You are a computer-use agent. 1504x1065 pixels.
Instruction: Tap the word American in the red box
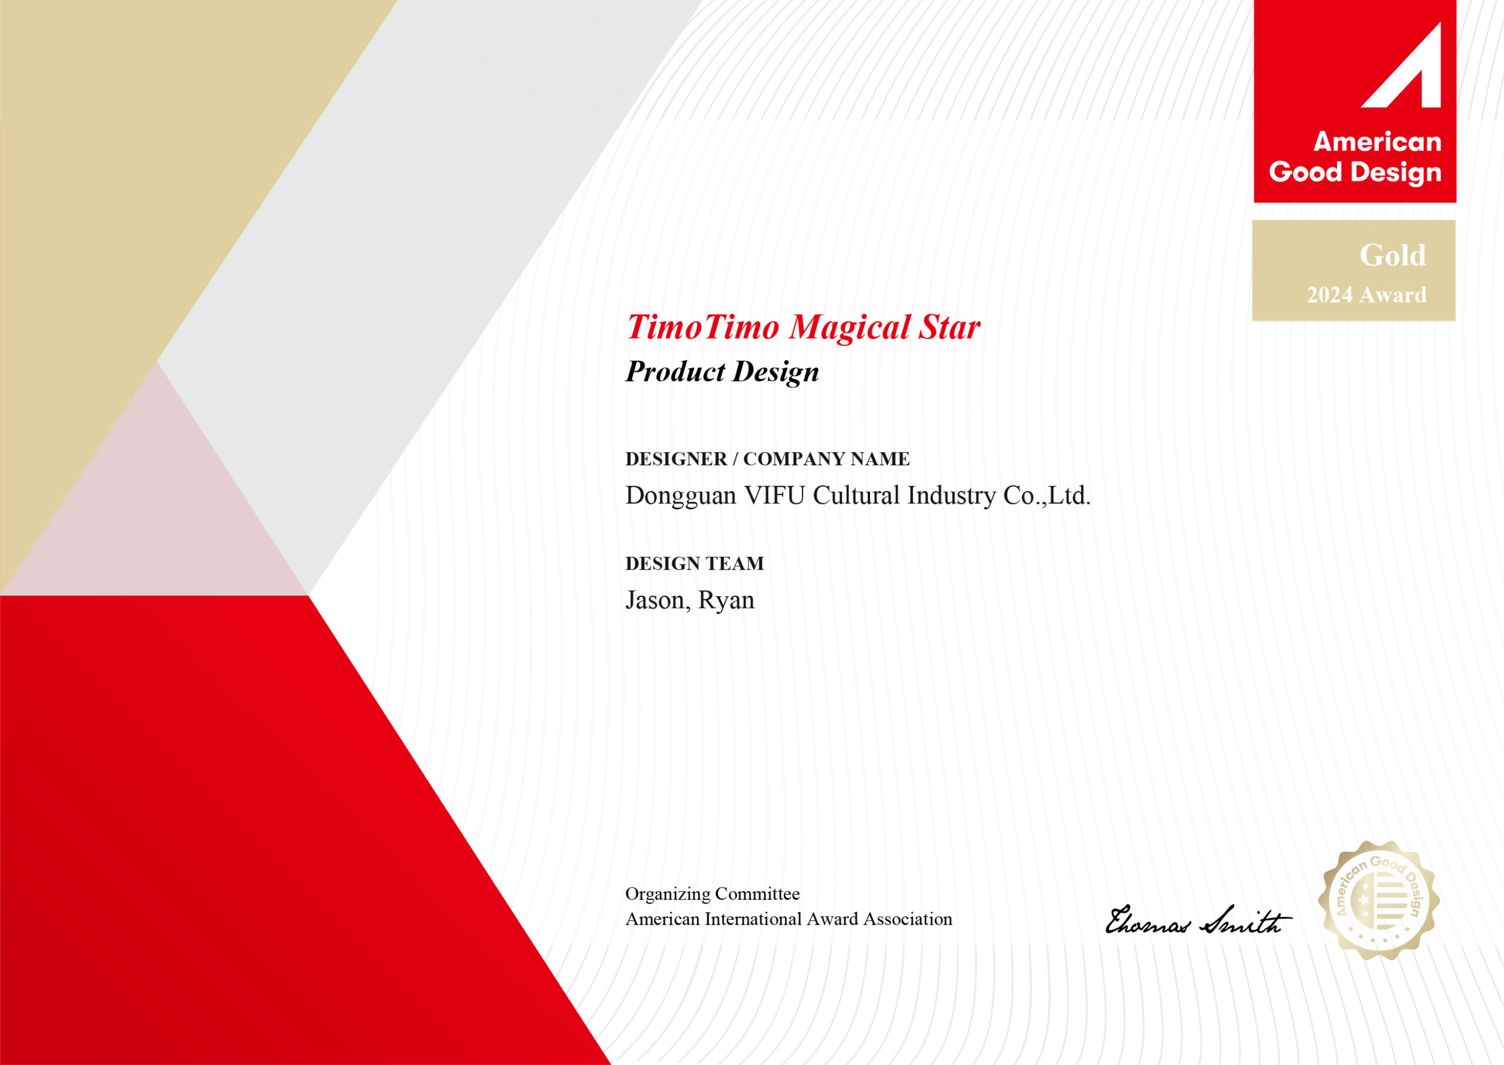coord(1378,142)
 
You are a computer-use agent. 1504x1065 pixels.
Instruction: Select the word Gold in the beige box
coord(1392,255)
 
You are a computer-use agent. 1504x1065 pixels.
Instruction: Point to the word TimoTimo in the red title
coord(703,327)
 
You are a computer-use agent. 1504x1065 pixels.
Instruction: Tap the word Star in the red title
coord(949,327)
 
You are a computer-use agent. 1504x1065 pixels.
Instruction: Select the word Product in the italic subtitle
coord(676,371)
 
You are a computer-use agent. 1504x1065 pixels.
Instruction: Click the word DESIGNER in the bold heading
coord(676,459)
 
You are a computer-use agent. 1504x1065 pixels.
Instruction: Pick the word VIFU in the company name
coord(774,496)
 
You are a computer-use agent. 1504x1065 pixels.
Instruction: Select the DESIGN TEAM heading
coord(694,563)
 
